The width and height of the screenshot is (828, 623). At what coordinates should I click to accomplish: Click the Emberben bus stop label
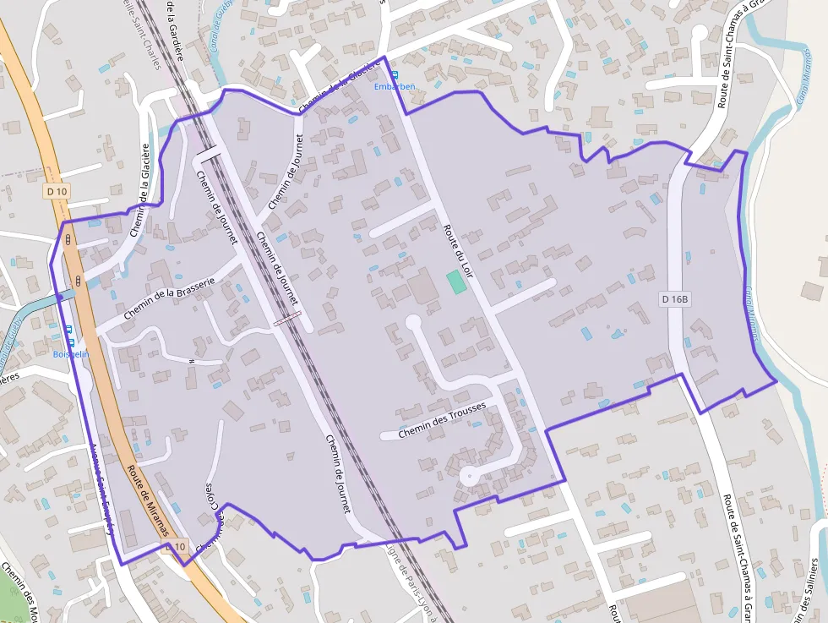tap(395, 86)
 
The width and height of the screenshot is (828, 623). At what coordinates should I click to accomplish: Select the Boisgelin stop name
tap(71, 354)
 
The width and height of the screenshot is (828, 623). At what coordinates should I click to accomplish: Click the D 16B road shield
tap(675, 298)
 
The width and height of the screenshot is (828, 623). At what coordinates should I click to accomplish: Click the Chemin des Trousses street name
tap(442, 419)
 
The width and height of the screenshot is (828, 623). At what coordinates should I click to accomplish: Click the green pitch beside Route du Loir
tap(456, 282)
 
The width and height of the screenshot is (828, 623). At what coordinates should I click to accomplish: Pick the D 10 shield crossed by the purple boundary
tap(175, 547)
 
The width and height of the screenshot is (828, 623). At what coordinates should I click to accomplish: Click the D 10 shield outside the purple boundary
tap(57, 192)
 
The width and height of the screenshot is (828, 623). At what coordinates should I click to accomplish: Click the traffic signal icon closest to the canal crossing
tap(78, 281)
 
